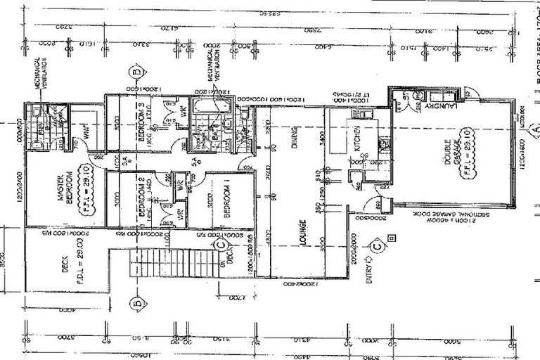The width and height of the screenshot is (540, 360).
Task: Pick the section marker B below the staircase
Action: click(136, 304)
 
